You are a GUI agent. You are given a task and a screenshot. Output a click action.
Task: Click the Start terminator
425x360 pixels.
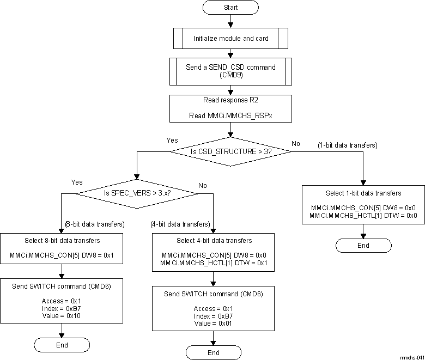231,8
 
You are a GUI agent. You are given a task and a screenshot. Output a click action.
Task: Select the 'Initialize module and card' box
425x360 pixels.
231,39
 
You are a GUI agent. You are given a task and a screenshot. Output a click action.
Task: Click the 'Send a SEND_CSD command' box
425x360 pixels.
231,71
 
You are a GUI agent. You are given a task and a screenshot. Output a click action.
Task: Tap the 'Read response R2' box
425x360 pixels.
231,108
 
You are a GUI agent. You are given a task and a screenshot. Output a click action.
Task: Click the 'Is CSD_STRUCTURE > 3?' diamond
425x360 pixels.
231,151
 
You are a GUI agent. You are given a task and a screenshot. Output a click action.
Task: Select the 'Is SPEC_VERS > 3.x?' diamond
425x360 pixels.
136,193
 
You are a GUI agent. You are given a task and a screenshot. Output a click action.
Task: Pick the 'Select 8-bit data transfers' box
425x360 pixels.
62,247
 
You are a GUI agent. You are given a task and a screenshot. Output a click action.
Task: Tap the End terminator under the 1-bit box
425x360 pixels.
363,245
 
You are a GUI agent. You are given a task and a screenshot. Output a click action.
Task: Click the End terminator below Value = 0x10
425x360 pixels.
62,345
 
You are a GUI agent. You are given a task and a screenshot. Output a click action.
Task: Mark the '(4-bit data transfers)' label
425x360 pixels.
180,224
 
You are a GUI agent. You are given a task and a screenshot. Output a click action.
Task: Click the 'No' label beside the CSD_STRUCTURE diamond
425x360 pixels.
296,143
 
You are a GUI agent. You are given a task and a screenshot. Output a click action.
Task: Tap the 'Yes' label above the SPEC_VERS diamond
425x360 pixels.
77,182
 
